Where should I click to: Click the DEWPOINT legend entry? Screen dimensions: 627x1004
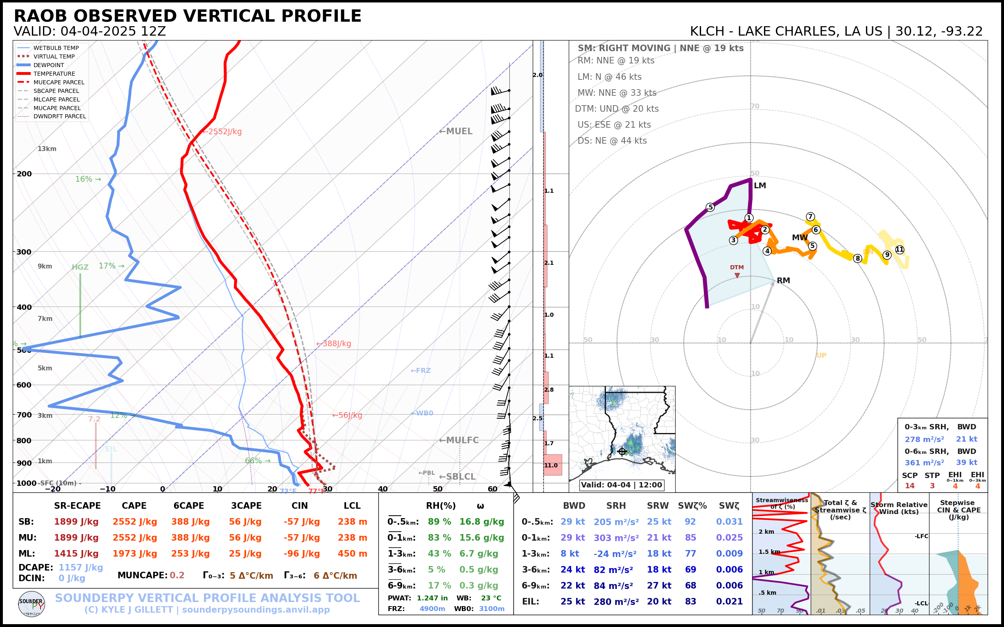49,65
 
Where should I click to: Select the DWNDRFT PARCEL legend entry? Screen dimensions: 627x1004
60,117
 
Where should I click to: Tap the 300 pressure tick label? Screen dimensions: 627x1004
24,252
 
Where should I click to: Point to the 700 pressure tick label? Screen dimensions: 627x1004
24,415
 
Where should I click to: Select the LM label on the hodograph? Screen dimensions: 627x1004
760,186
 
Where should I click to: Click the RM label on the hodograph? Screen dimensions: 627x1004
783,281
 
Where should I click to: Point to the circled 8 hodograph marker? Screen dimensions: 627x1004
857,259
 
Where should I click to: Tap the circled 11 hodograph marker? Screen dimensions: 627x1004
900,250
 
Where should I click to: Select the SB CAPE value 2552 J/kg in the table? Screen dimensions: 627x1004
134,522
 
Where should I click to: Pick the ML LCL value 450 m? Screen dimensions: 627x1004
352,554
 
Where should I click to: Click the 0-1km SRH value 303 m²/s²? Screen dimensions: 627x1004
616,538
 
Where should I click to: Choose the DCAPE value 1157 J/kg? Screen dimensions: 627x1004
81,567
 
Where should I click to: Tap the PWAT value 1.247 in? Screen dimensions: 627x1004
432,598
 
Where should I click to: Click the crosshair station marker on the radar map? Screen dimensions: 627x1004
622,451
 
